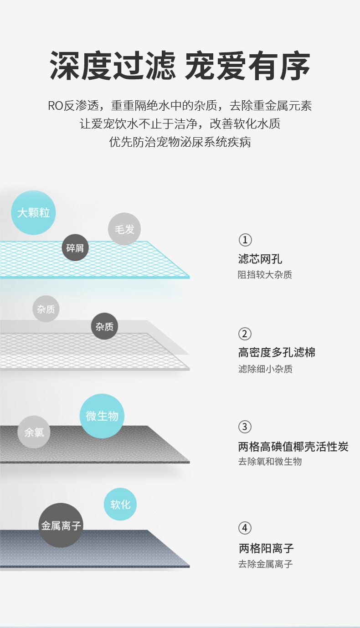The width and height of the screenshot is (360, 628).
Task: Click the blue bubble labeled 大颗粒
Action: point(33,212)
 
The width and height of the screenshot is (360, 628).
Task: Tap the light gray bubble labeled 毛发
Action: point(124,229)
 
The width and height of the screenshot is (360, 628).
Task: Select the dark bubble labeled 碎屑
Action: point(75,247)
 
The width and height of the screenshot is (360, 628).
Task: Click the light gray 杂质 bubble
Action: point(46,309)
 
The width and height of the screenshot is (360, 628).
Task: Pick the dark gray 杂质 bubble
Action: point(104,326)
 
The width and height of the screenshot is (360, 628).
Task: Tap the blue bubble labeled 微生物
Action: point(102,416)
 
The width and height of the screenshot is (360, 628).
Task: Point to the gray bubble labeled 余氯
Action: point(34,432)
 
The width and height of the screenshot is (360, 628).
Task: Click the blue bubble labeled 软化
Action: point(120,504)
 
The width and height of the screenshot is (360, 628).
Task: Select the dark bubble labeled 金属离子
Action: point(61,525)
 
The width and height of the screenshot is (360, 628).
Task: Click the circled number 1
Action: point(245,240)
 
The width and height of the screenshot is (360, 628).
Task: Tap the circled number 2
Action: point(245,334)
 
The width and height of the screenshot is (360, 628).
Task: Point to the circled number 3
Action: point(245,427)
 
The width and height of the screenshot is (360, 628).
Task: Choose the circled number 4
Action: point(245,528)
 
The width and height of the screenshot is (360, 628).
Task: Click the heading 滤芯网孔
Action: point(260,259)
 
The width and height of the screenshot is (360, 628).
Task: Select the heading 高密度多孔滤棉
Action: point(277,352)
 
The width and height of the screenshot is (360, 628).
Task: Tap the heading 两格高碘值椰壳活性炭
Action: point(293,447)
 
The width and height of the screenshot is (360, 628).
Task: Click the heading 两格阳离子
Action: point(266,548)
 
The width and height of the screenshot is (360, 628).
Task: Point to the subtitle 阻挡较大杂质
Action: point(265,275)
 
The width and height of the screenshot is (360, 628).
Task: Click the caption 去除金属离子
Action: point(265,564)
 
